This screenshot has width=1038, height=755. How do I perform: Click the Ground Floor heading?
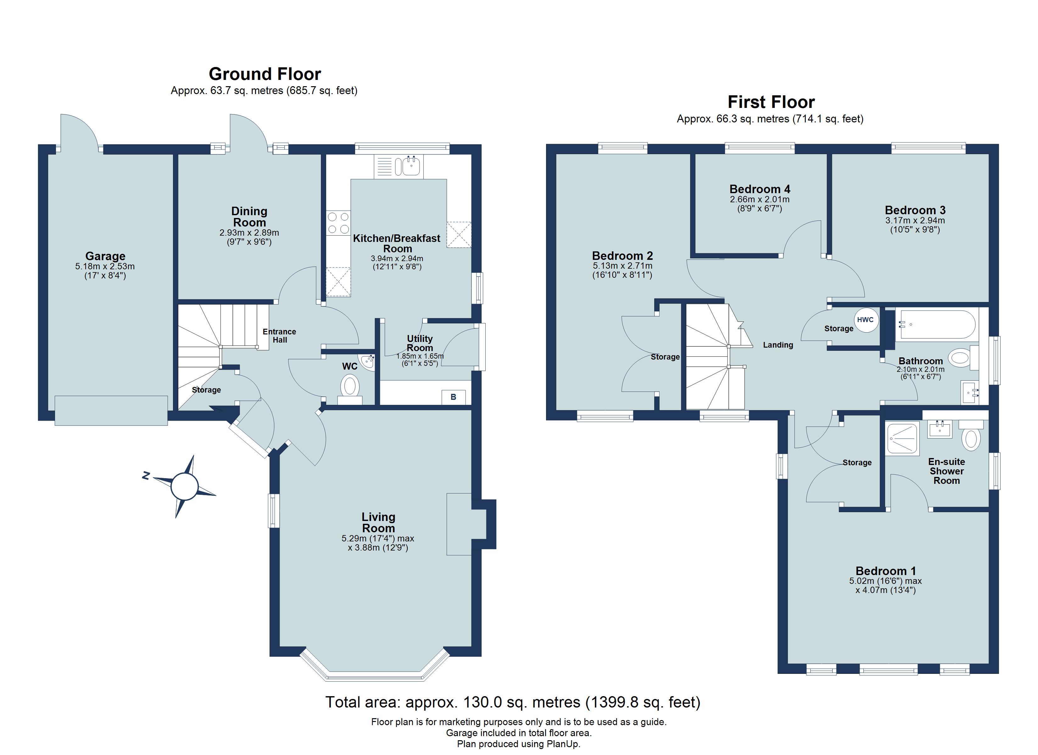point(265,74)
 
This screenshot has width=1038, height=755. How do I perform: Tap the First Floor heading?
point(771,102)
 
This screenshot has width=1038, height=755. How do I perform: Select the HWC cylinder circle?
point(865,320)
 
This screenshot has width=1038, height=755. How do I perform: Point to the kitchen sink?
point(399,166)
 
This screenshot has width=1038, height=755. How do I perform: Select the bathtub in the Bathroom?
point(937,325)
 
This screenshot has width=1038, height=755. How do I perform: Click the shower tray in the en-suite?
point(902,439)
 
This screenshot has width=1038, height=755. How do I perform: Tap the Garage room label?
point(105,256)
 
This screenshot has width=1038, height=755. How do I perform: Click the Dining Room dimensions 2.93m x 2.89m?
point(249,232)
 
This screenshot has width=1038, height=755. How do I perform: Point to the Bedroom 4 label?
point(760,189)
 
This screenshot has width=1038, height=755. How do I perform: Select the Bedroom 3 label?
point(915,210)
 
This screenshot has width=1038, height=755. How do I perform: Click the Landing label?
point(778,345)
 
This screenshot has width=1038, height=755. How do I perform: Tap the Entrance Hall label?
point(280,336)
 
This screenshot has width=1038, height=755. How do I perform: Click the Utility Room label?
point(420,343)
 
